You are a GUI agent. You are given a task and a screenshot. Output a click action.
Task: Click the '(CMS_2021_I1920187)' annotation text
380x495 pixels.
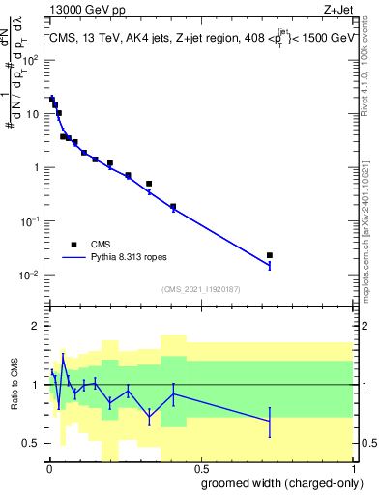pyautogui.click(x=199, y=288)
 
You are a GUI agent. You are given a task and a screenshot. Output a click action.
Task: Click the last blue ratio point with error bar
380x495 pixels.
pyautogui.click(x=270, y=421)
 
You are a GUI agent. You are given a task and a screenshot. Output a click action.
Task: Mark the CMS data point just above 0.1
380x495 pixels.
pyautogui.click(x=173, y=207)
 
